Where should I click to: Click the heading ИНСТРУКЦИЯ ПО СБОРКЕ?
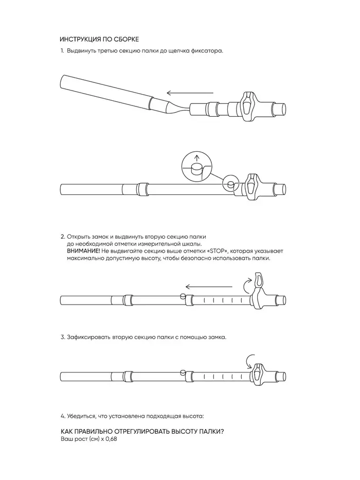point(99,40)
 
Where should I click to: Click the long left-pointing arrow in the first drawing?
point(190,93)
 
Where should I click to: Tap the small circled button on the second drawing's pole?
point(230,184)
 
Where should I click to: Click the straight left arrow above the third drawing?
point(209,287)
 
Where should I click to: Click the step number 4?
point(63,416)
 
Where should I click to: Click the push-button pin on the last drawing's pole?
point(183,372)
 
